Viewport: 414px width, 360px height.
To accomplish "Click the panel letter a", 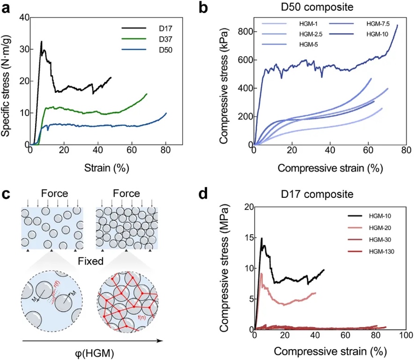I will [x=7, y=8].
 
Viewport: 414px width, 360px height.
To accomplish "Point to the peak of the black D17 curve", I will [x=41, y=41].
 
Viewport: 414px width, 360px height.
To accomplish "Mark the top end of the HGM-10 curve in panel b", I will [x=397, y=25].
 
